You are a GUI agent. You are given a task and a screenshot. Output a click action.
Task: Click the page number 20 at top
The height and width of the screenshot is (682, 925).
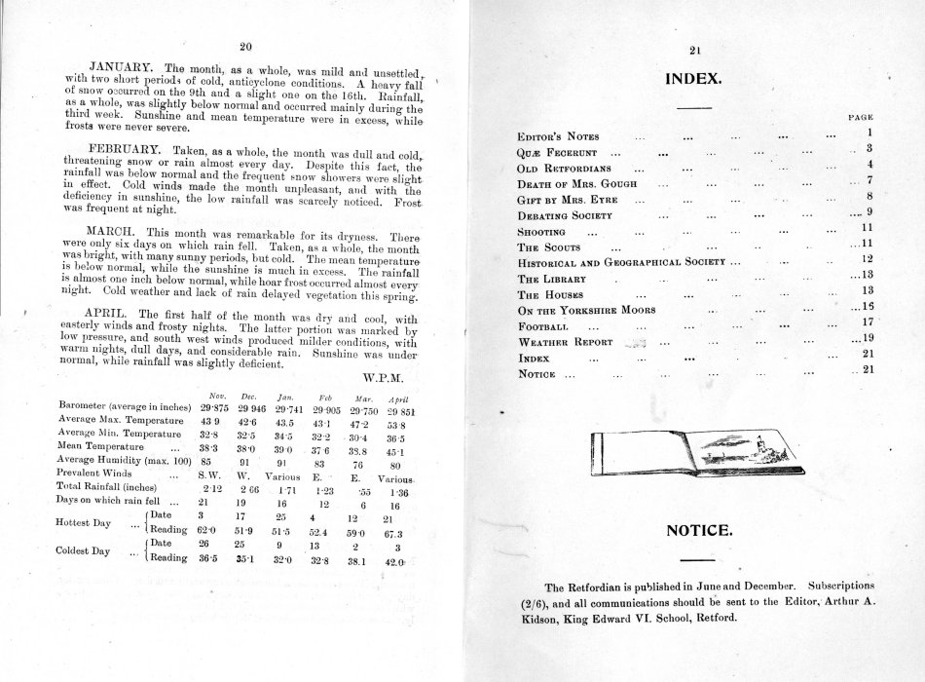click(x=245, y=45)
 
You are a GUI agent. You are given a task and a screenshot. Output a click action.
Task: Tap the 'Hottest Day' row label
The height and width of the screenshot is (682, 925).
click(x=86, y=521)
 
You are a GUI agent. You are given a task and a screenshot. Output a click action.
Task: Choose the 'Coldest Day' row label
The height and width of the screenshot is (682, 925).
click(x=86, y=549)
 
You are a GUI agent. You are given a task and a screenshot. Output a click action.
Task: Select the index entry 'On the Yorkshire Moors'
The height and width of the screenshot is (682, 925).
click(x=584, y=309)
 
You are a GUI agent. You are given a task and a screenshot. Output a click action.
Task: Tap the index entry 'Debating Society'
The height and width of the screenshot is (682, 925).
click(x=565, y=214)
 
